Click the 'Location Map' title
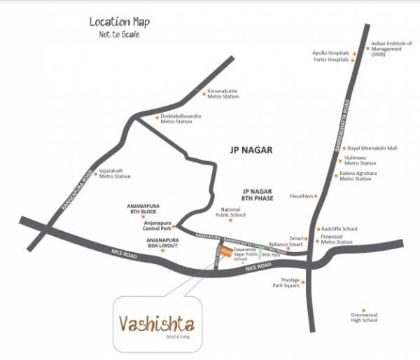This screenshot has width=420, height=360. tap(119, 22)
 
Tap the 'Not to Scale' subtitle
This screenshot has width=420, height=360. tap(119, 35)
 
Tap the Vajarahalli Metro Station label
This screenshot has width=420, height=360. tap(115, 174)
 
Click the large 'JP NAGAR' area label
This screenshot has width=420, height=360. tap(250, 149)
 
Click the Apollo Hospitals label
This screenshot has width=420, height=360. tap(330, 53)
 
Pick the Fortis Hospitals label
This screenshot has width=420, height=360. tap(331, 60)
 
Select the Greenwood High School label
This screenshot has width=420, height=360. tap(364, 318)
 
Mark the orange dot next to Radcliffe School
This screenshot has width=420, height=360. tap(317, 228)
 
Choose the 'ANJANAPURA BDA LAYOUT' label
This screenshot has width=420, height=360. tap(162, 243)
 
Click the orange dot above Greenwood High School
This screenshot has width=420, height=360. tap(363, 310)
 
